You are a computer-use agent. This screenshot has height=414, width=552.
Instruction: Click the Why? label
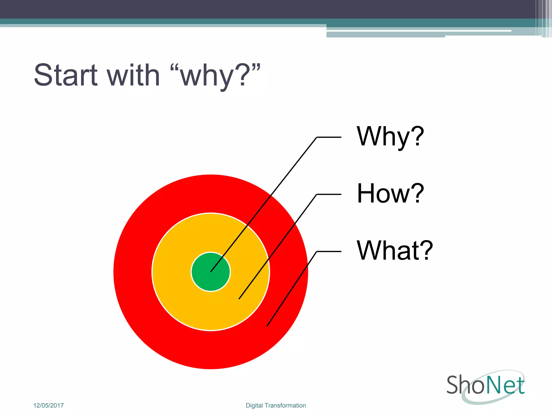390,137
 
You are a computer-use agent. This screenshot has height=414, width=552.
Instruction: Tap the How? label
390,194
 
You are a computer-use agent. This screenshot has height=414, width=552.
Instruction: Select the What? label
394,251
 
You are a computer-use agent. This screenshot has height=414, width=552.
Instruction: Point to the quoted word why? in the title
216,75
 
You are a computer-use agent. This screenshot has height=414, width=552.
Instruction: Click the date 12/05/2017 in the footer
49,405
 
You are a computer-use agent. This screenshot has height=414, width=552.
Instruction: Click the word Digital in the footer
254,405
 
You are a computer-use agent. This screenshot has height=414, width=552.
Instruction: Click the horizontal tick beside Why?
329,137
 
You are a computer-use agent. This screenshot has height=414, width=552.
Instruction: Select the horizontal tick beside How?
329,194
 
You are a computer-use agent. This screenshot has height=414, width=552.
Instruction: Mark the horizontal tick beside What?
329,251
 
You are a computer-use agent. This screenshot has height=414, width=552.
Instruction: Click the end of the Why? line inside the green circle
211,271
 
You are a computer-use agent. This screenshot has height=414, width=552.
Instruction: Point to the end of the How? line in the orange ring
239,298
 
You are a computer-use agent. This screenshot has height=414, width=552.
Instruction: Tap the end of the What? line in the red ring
267,326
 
